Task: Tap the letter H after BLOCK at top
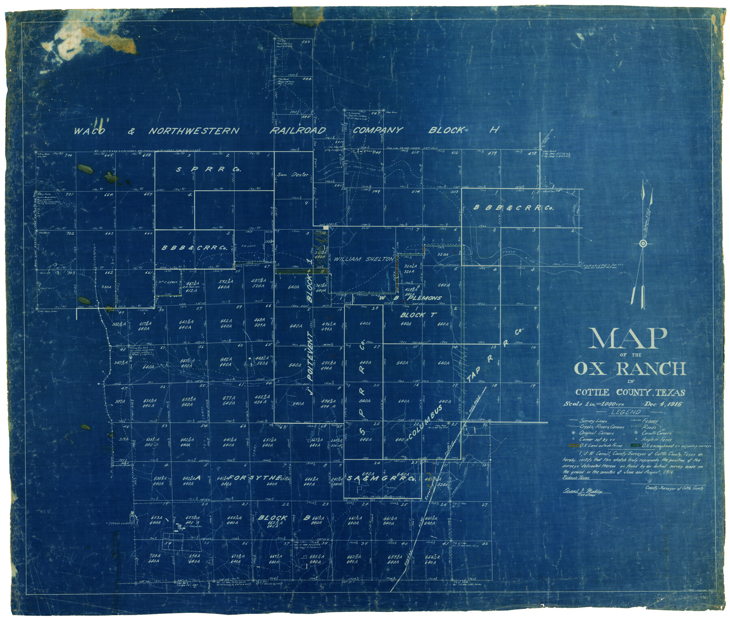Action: pos(495,130)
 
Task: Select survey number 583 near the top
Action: pos(306,41)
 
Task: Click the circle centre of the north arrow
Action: pos(642,244)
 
